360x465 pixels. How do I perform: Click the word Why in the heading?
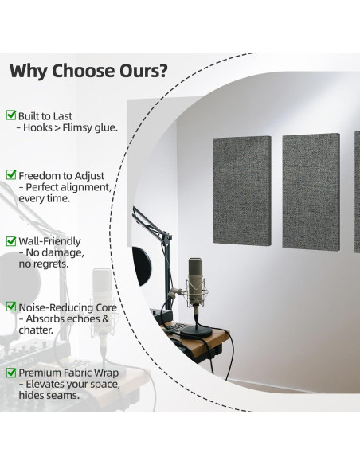[29, 71]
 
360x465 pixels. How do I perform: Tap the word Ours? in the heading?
[139, 71]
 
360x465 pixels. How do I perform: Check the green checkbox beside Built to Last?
[10, 115]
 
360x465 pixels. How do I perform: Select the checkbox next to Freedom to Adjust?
[10, 174]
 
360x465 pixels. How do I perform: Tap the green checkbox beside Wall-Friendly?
[10, 240]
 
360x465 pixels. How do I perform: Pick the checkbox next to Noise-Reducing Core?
[10, 307]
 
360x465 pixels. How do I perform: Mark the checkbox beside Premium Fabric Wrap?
[10, 372]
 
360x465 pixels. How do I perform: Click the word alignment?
[87, 186]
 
